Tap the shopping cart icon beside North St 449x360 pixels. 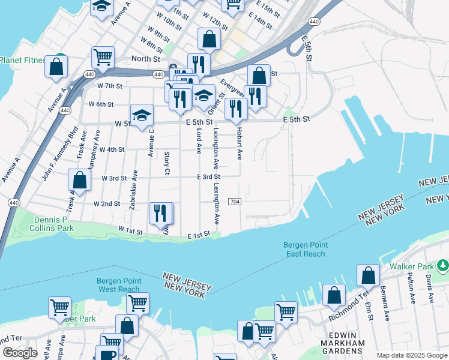pyautogui.click(x=103, y=58)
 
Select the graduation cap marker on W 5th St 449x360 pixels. pyautogui.click(x=142, y=115)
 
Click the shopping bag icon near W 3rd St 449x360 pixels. pyautogui.click(x=79, y=179)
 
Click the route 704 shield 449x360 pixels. pyautogui.click(x=235, y=201)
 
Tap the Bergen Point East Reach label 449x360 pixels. pyautogui.click(x=304, y=249)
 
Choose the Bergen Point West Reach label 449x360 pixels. pyautogui.click(x=118, y=285)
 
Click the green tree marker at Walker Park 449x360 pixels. pyautogui.click(x=442, y=265)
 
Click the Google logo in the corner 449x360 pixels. pyautogui.click(x=20, y=352)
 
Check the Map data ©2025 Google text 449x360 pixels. pyautogui.click(x=411, y=355)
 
